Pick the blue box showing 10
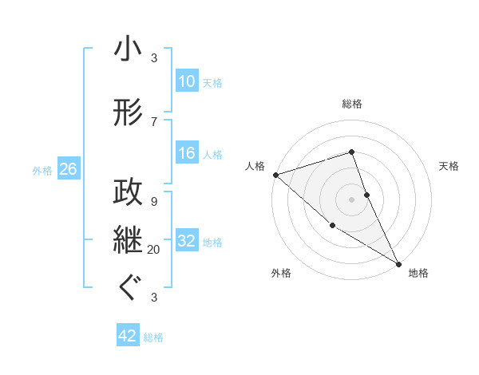pyautogui.click(x=186, y=81)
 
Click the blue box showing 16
pyautogui.click(x=186, y=154)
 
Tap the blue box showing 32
pyautogui.click(x=186, y=242)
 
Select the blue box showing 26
pyautogui.click(x=68, y=169)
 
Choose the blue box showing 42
pyautogui.click(x=128, y=337)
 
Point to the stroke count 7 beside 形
pyautogui.click(x=154, y=121)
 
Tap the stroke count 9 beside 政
pyautogui.click(x=154, y=201)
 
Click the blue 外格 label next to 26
pyautogui.click(x=42, y=170)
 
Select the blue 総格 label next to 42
pyautogui.click(x=153, y=337)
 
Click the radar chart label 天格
pyautogui.click(x=449, y=166)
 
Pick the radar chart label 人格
pyautogui.click(x=255, y=166)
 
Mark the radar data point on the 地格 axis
pyautogui.click(x=398, y=263)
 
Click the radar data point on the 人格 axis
pyautogui.click(x=275, y=175)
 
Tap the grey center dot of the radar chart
pyautogui.click(x=351, y=199)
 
